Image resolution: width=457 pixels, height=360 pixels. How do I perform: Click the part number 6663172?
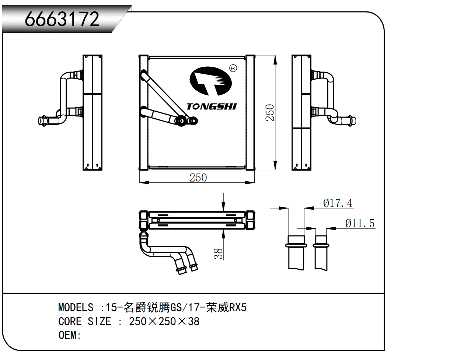62,19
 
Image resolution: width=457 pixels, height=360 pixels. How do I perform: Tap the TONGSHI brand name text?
211,106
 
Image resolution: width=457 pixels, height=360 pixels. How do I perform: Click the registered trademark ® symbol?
233,68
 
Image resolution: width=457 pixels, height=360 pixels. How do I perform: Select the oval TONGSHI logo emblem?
210,81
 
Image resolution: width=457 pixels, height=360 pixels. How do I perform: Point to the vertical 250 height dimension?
270,112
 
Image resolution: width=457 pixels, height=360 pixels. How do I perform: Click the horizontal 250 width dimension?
198,178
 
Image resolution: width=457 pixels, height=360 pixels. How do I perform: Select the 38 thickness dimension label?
218,253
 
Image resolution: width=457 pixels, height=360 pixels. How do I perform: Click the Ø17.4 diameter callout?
338,203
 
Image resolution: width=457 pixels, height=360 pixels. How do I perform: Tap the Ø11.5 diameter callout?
360,223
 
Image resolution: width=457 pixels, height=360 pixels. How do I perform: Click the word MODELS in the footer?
76,307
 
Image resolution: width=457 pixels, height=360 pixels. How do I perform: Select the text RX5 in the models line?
238,307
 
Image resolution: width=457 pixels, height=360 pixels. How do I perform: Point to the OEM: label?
69,335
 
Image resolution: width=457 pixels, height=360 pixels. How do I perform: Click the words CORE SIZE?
84,321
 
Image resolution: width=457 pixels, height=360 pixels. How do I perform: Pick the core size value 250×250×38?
164,321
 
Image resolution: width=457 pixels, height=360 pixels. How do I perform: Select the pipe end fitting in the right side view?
351,120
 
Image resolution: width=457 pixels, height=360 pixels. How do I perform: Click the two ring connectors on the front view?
186,120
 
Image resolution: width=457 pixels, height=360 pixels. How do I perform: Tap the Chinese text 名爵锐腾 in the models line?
146,307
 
